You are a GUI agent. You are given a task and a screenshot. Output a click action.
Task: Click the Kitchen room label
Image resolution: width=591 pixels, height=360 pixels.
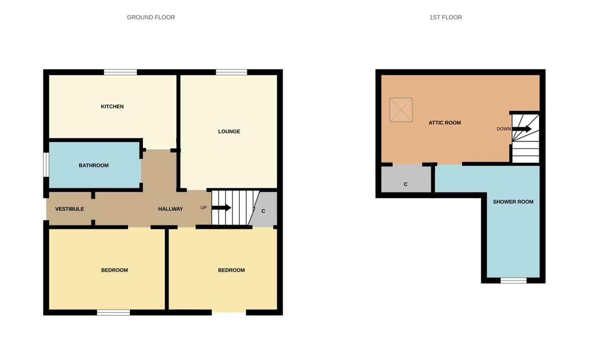point(112,106)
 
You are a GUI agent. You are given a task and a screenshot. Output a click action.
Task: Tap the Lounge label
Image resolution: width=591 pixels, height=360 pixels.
point(229,131)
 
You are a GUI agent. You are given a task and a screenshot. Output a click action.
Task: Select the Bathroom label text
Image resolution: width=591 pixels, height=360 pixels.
point(94,166)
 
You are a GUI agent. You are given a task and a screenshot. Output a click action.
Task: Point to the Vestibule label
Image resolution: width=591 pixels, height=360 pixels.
point(70,209)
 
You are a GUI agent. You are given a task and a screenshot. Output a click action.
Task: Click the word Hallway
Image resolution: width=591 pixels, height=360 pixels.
point(170,209)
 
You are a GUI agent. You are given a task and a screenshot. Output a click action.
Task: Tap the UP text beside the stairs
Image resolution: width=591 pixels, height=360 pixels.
point(203,208)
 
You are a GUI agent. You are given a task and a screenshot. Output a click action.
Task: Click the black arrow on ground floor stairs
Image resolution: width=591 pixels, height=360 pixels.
point(221,208)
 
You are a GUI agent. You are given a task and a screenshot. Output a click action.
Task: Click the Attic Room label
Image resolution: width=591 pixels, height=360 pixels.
point(445,123)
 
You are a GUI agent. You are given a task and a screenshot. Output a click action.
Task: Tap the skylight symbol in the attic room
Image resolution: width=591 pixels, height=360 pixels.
point(401,110)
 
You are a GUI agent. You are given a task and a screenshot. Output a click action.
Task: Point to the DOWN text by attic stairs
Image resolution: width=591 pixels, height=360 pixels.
point(504,129)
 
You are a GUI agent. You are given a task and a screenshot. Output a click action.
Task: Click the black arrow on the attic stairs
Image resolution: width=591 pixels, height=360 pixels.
point(522,129)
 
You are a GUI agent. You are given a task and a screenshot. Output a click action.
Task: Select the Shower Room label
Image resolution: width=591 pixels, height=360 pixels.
point(513,202)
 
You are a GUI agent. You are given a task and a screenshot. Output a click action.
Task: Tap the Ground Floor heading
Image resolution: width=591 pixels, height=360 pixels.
point(151,18)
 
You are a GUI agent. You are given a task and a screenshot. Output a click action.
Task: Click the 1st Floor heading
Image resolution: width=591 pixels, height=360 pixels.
point(446,18)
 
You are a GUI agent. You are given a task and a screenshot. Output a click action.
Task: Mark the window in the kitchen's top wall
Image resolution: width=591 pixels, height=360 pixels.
point(120,72)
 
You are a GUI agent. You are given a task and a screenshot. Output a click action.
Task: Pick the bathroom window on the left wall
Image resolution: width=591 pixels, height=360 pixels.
point(46,165)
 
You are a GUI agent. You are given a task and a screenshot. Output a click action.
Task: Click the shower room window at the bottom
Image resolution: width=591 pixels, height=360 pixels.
point(513,281)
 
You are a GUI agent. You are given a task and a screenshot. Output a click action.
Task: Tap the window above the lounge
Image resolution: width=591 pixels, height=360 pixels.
point(231,72)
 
